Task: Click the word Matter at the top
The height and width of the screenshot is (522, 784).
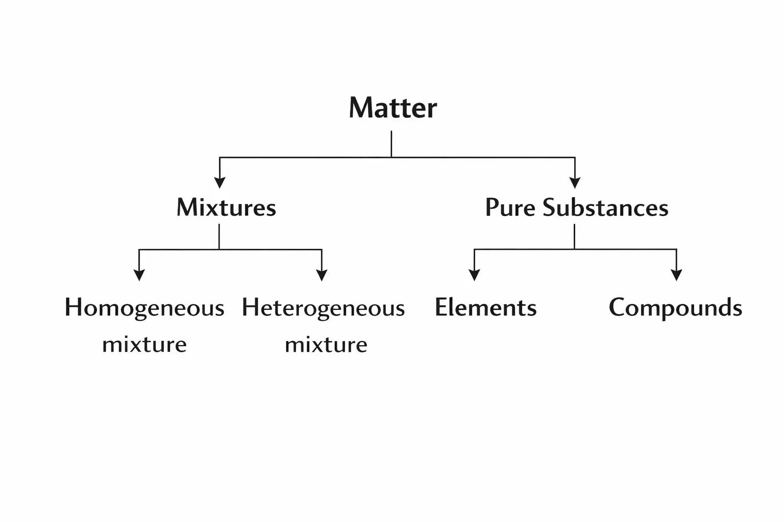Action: pyautogui.click(x=393, y=108)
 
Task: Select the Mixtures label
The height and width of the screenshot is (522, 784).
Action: pyautogui.click(x=226, y=207)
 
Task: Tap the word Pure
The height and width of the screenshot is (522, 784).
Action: pyautogui.click(x=510, y=207)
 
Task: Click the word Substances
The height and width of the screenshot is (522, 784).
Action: pyautogui.click(x=605, y=207)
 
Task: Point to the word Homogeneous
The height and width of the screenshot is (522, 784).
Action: pyautogui.click(x=144, y=308)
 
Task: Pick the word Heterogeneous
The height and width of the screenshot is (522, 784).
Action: pyautogui.click(x=323, y=308)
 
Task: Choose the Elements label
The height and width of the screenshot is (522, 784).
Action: pyautogui.click(x=485, y=307)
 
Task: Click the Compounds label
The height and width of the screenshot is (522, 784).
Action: pyautogui.click(x=675, y=308)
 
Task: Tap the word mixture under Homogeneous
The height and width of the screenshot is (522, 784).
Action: pyautogui.click(x=144, y=345)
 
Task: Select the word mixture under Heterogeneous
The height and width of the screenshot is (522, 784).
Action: pyautogui.click(x=326, y=345)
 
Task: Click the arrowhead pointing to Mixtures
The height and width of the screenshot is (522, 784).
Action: pyautogui.click(x=219, y=183)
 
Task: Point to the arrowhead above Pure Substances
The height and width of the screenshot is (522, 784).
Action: pyautogui.click(x=575, y=183)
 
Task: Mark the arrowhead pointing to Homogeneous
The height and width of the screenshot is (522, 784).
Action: pyautogui.click(x=139, y=275)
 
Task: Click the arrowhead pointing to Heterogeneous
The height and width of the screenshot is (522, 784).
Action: pyautogui.click(x=322, y=275)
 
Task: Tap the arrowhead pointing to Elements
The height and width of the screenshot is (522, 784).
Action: pyautogui.click(x=474, y=275)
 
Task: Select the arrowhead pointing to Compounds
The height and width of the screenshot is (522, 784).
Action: pyautogui.click(x=676, y=275)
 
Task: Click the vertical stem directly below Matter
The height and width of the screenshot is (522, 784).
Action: pyautogui.click(x=391, y=144)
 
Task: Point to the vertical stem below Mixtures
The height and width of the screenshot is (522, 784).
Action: pyautogui.click(x=219, y=237)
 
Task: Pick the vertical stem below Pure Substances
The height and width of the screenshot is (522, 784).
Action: pyautogui.click(x=574, y=237)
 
